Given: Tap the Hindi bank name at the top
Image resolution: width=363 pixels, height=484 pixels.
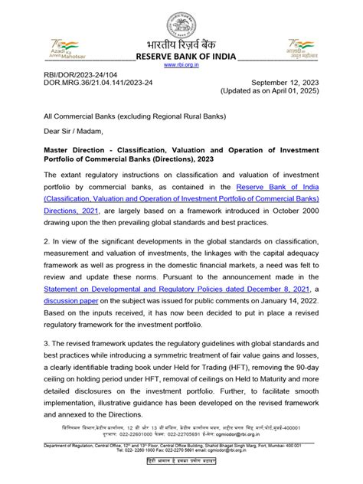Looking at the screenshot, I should coord(181,43).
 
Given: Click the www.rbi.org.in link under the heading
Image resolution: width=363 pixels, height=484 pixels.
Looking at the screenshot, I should coord(181,66).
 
